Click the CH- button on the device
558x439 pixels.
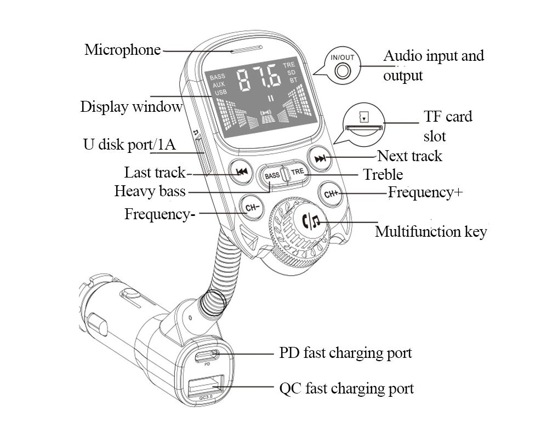[x=251, y=208]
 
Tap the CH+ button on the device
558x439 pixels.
[x=331, y=193]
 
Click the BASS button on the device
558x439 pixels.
[x=272, y=175]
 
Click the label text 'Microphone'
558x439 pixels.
[x=122, y=50]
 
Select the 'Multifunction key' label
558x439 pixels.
[x=431, y=232]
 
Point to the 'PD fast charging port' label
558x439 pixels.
[x=345, y=353]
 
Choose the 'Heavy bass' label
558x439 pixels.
[x=150, y=191]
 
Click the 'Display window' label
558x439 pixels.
[x=131, y=106]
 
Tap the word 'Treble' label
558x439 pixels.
[x=383, y=174]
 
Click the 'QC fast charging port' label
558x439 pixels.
[x=346, y=389]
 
